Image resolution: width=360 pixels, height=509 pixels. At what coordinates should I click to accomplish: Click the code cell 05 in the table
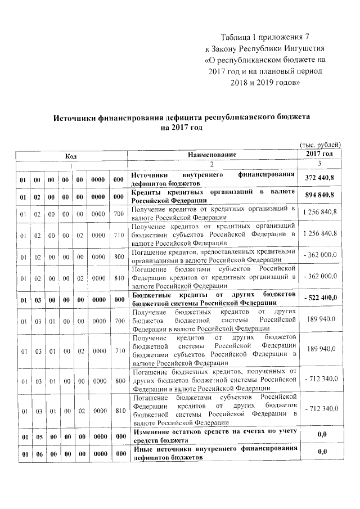coord(36,435)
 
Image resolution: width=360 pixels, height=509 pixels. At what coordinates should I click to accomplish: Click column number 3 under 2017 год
coord(319,163)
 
